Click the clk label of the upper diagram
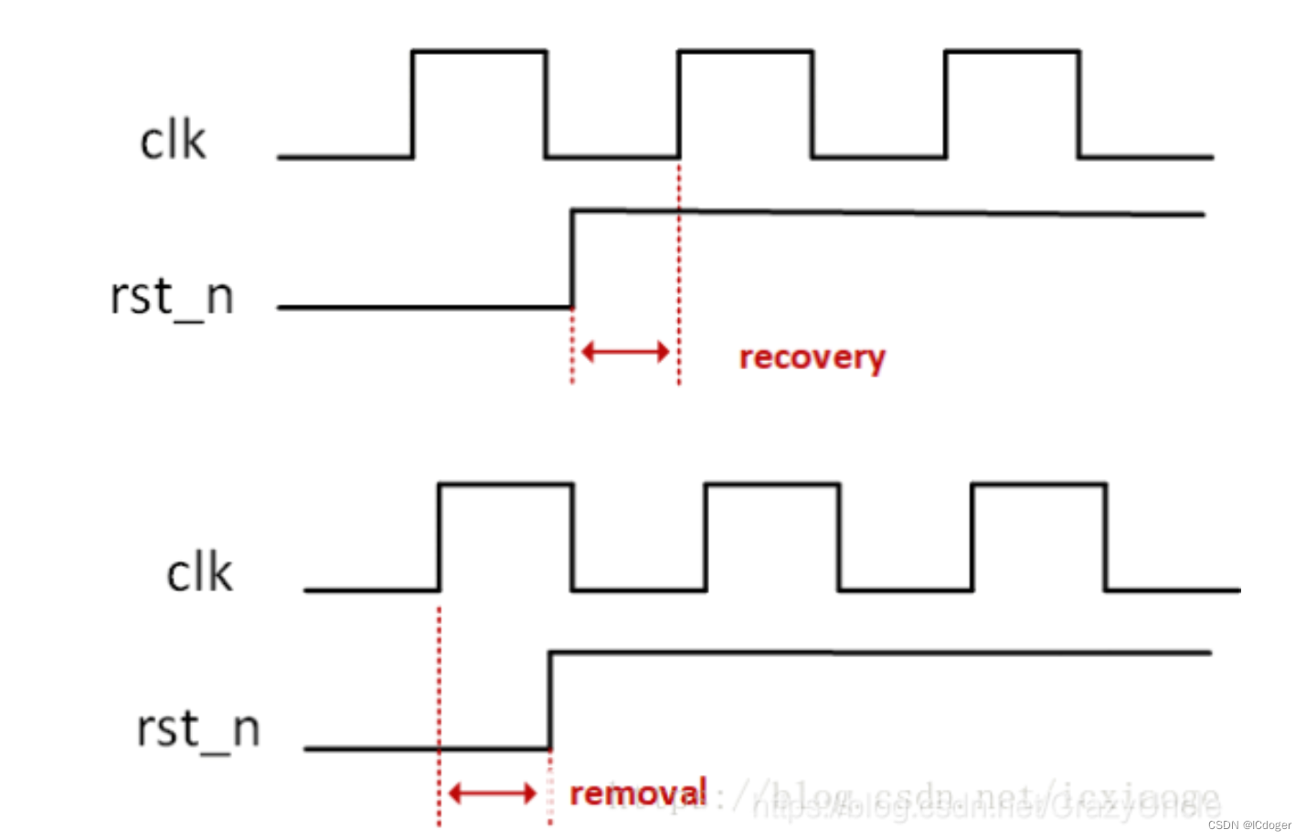(173, 141)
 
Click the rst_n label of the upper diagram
(172, 297)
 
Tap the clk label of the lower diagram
(199, 573)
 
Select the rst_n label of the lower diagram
(198, 729)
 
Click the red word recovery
(812, 357)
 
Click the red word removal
(638, 792)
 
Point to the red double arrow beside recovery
(625, 351)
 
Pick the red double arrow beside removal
(493, 792)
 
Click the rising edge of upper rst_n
(572, 260)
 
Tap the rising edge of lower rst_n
(549, 700)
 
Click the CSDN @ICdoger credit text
(1248, 824)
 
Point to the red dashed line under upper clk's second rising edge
(679, 274)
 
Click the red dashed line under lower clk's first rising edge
(440, 713)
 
